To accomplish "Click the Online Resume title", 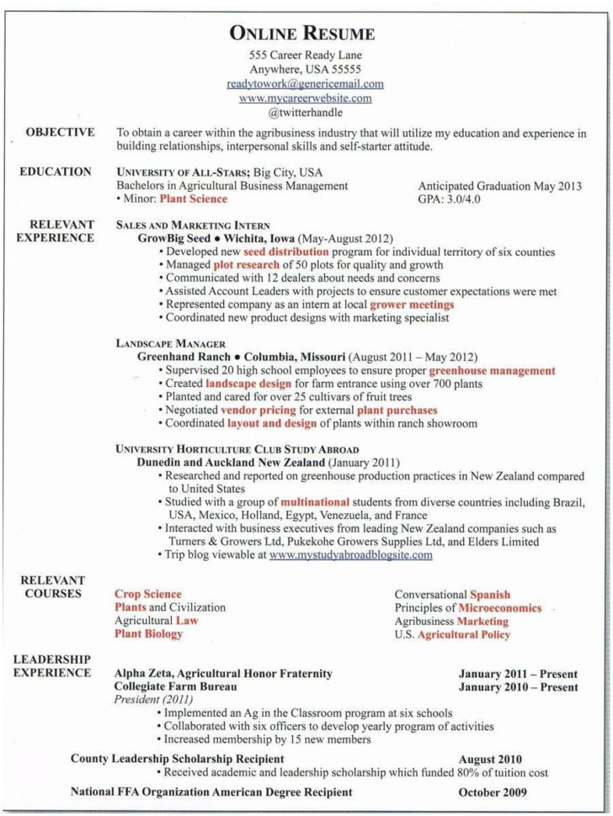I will (x=302, y=34).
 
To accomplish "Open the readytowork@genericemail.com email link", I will (x=305, y=84).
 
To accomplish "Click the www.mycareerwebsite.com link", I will (x=305, y=98).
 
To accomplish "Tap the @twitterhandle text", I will (x=305, y=111).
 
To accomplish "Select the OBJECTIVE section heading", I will (x=60, y=132).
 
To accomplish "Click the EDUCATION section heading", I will (x=56, y=172).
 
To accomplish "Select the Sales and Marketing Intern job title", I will (x=193, y=225).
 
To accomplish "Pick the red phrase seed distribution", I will (x=285, y=252).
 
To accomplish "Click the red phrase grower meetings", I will (x=412, y=304).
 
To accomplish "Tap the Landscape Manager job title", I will (x=170, y=343).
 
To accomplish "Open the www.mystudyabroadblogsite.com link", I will (x=350, y=555).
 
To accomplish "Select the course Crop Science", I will (x=148, y=594).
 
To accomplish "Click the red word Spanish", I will (x=490, y=594).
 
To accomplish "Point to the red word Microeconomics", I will (x=499, y=607).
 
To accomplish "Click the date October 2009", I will (x=493, y=792).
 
